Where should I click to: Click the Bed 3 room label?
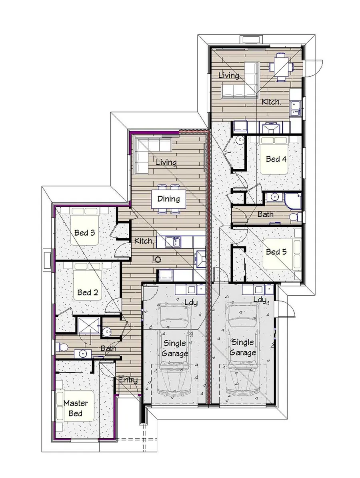pos(84,233)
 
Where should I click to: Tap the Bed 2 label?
pos(88,292)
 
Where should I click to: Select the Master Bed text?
pos(76,408)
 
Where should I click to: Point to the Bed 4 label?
pos(276,159)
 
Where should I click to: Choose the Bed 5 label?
pos(276,252)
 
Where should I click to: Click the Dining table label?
pos(168,199)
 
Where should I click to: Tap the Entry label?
pos(128,380)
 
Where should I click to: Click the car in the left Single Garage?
pos(174,348)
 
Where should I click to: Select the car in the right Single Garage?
pos(243,348)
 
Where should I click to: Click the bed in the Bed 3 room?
pos(84,226)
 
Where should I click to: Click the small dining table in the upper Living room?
pos(281,67)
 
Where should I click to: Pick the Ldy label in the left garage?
pos(191,303)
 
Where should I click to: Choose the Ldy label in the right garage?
pos(260,300)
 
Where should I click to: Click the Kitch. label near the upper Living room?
pos(271,102)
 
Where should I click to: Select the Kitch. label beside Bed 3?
pos(143,241)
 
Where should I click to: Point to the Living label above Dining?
pos(166,162)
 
